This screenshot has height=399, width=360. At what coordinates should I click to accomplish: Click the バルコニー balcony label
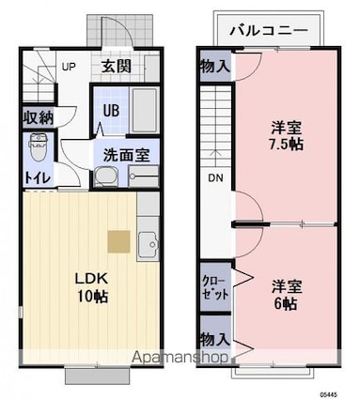269,31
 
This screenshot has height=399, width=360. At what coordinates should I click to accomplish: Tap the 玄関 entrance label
116,67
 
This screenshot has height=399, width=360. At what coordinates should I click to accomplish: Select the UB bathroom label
111,111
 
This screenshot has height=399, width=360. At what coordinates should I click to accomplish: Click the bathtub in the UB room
145,110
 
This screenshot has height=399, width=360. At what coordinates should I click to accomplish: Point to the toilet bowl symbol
38,146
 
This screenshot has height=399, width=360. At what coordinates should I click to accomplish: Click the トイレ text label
38,178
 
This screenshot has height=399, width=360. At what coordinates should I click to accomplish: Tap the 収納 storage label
39,117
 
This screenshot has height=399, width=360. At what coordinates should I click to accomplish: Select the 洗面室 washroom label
127,154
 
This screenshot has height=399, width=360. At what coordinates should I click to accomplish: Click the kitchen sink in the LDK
149,244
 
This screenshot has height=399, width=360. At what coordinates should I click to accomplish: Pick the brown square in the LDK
118,241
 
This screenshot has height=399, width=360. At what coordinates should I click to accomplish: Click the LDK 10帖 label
91,287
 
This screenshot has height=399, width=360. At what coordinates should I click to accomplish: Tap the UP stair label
69,67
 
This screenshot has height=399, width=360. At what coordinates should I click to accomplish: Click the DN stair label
215,178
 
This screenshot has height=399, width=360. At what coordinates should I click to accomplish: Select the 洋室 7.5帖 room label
287,136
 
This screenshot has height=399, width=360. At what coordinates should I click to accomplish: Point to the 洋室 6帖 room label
286,294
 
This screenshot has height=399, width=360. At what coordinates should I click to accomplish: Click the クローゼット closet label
215,287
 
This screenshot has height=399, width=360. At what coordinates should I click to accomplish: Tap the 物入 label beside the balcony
215,67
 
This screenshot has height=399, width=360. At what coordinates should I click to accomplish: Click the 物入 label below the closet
215,339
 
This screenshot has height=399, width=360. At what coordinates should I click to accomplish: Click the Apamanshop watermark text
180,357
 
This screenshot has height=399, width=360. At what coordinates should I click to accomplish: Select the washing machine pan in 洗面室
107,177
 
